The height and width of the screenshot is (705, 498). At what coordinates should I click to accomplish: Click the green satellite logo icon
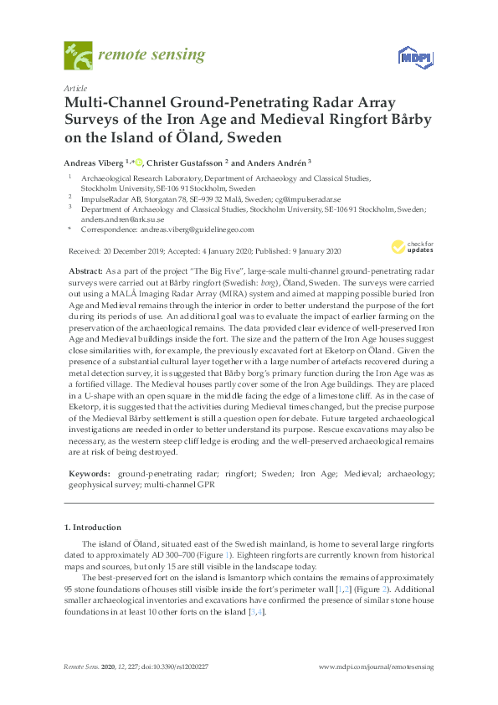point(78,56)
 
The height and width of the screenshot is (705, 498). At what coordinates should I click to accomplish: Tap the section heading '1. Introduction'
point(92,528)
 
